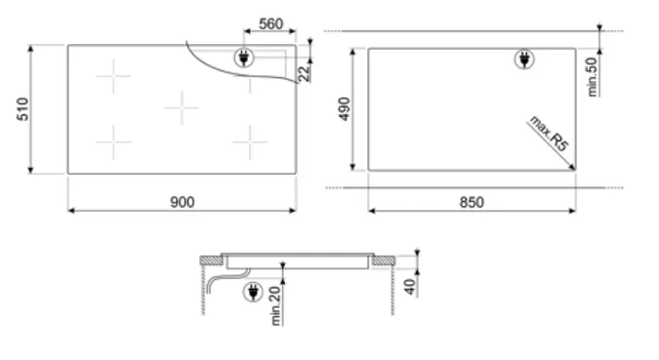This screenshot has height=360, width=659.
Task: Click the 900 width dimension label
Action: pyautogui.click(x=182, y=202)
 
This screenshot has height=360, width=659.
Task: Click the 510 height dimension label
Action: pyautogui.click(x=22, y=109)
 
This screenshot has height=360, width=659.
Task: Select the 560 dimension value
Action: pyautogui.click(x=270, y=24)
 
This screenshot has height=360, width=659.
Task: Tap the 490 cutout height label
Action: pyautogui.click(x=345, y=109)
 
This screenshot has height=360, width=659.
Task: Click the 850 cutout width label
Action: pyautogui.click(x=472, y=203)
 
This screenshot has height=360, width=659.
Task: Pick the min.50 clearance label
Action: pyautogui.click(x=593, y=77)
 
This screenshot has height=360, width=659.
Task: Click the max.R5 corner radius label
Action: pyautogui.click(x=549, y=133)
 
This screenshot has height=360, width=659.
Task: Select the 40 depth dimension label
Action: pyautogui.click(x=409, y=287)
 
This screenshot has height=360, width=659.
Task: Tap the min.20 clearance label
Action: pyautogui.click(x=275, y=305)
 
